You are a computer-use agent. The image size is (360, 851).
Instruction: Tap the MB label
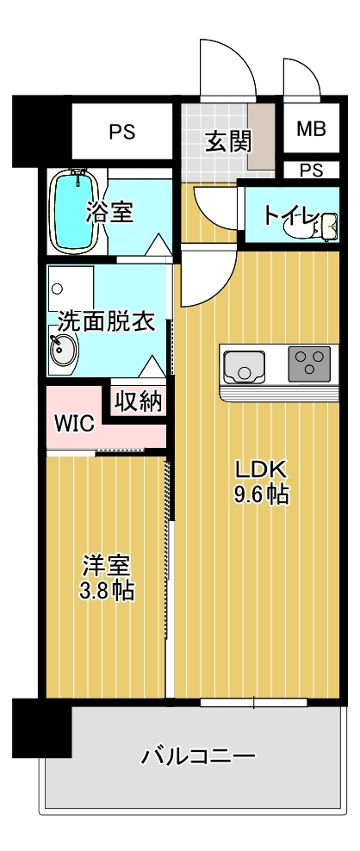click(311, 129)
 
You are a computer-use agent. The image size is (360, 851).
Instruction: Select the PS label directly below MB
click(311, 170)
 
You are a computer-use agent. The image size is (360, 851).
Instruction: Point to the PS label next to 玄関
click(121, 133)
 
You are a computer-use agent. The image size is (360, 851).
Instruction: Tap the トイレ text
click(291, 214)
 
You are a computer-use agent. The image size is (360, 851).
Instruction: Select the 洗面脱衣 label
click(105, 322)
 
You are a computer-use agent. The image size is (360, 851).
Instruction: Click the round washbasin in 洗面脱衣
click(63, 350)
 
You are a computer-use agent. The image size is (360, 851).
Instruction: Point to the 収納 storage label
click(139, 401)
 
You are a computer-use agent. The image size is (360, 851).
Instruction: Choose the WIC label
click(74, 424)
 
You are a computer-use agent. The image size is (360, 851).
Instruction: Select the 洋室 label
click(106, 566)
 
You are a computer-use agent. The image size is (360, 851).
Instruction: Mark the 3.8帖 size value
click(106, 591)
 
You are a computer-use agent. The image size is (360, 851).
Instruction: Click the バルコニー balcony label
click(198, 757)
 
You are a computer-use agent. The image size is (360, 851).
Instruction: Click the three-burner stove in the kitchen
click(307, 363)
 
